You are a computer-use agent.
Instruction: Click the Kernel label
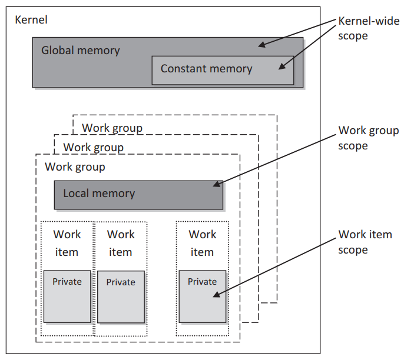tap(31, 20)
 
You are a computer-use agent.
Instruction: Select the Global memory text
tap(80, 51)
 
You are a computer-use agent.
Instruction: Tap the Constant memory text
tap(206, 69)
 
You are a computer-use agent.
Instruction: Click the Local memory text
tap(99, 194)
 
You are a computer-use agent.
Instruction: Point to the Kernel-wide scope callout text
tap(369, 28)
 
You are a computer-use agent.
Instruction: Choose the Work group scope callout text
tap(369, 138)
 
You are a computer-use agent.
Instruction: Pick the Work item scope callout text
tap(365, 242)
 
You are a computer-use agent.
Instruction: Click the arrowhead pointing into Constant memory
tap(282, 66)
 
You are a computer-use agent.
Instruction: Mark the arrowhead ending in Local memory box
tap(217, 184)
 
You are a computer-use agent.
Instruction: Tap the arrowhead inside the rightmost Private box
tap(217, 294)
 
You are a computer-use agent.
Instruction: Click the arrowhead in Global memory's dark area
tap(261, 45)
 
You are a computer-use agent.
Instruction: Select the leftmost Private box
tap(67, 296)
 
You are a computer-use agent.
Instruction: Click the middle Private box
tap(121, 296)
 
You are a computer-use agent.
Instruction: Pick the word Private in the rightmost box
tap(202, 282)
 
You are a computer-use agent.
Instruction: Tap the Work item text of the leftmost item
tap(67, 243)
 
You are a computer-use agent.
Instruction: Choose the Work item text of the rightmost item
tap(203, 243)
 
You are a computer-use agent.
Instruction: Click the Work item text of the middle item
tap(121, 243)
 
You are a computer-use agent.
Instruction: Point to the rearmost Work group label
tap(112, 128)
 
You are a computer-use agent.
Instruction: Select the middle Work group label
tap(93, 148)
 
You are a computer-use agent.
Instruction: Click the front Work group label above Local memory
tap(75, 167)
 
